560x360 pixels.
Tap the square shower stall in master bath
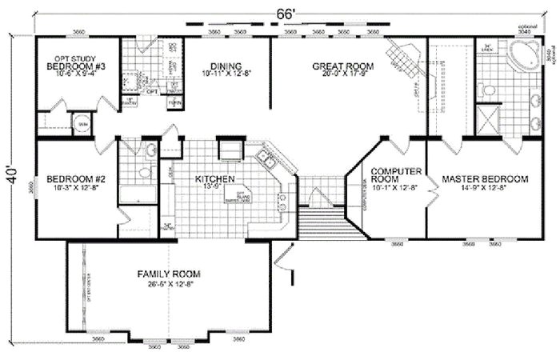[x=487, y=120]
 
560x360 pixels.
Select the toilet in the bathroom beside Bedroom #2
[x=145, y=171]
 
